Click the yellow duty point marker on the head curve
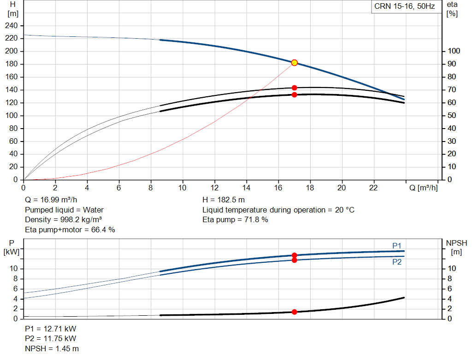click(x=295, y=63)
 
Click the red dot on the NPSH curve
click(x=295, y=312)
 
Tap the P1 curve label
click(x=397, y=246)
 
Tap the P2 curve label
click(x=397, y=262)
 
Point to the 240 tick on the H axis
click(x=12, y=26)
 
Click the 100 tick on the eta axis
click(x=454, y=51)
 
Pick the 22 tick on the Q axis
click(x=373, y=188)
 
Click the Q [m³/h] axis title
click(x=423, y=188)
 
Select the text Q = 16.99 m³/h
click(x=51, y=200)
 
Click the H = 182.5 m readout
click(x=224, y=200)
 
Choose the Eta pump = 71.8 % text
click(x=235, y=220)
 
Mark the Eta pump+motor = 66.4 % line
click(x=70, y=230)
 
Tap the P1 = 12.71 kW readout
click(x=51, y=329)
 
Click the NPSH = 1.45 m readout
click(x=52, y=348)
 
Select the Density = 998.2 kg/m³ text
click(x=63, y=220)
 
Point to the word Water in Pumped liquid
click(x=93, y=210)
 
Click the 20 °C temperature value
click(x=345, y=210)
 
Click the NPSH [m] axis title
click(x=456, y=248)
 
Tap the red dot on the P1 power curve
click(x=295, y=255)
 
